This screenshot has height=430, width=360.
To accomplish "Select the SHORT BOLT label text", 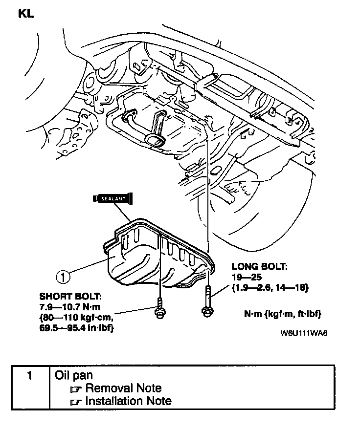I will [71, 297].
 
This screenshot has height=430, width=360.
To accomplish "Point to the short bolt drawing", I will [159, 312].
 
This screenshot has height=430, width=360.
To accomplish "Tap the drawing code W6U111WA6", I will [304, 334].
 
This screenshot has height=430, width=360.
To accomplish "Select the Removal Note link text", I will [123, 388].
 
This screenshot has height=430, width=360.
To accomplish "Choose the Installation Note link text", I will [128, 401].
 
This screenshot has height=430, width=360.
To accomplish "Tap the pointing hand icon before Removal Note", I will [75, 389].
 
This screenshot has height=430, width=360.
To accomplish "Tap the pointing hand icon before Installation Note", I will [75, 402].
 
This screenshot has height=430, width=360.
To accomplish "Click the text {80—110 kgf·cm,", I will [78, 318].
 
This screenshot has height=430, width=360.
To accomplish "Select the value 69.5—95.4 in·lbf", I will [78, 328].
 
